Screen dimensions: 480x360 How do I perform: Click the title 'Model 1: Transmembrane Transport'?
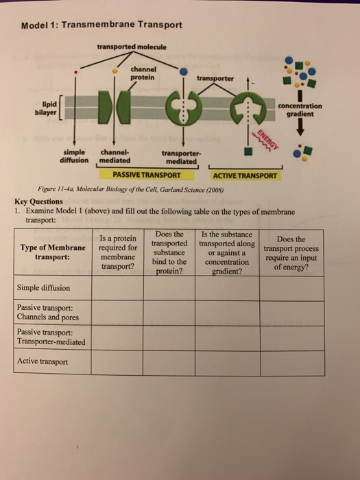pos(101,25)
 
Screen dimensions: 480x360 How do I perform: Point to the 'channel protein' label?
pos(144,73)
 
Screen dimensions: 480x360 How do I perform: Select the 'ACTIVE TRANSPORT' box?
pos(245,176)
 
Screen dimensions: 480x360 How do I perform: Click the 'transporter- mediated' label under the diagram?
pos(180,158)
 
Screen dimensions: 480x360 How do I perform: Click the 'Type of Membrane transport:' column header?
pos(53,252)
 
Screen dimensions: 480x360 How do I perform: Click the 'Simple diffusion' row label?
pos(43,288)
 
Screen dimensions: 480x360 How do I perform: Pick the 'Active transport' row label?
pos(43,361)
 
